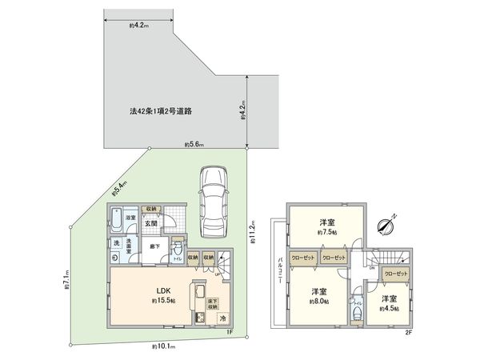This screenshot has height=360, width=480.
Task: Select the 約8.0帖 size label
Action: pos(319,302)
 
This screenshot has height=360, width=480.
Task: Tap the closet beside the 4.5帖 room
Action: pos(395,274)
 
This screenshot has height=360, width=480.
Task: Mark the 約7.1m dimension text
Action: pos(66,282)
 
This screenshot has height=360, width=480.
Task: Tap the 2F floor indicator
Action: pos(407,332)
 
